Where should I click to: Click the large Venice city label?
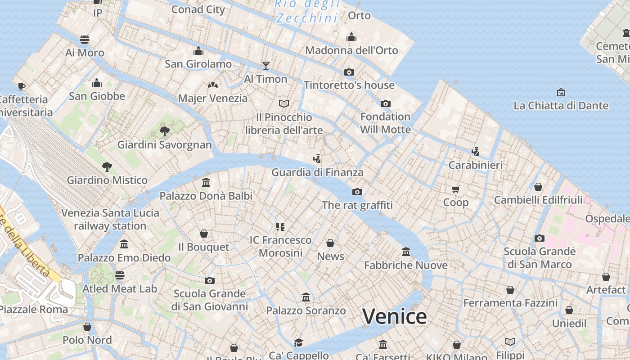pos(394,316)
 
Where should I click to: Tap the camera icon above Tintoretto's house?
pos(349,72)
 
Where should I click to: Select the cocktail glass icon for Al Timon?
pos(266,66)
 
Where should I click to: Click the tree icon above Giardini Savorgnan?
pos(165,131)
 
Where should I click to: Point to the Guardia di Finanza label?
pos(317,172)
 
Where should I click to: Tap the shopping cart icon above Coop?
pos(456,189)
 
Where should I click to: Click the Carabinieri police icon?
pos(475,152)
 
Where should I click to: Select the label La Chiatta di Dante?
pos(561,106)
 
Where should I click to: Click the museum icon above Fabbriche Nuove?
pos(406,252)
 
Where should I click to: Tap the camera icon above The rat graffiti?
pos(357,192)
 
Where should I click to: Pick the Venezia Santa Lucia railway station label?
pos(110,219)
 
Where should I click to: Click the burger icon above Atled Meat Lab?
pos(120,275)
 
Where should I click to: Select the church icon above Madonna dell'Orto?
pos(351,37)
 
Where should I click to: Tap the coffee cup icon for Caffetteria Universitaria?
pos(21,86)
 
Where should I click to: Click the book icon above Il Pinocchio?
pos(283,104)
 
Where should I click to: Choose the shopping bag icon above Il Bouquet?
pos(204,234)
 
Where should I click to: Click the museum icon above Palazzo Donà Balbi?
pos(206,183)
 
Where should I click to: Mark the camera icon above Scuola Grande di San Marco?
pos(540,238)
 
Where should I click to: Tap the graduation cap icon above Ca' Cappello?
pos(298,343)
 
